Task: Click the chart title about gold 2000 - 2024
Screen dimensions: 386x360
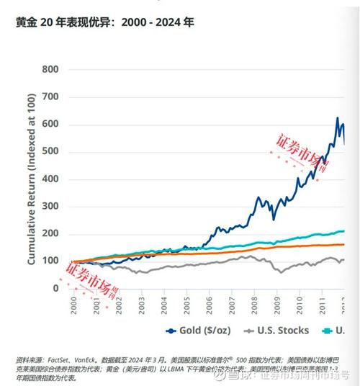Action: (x=104, y=22)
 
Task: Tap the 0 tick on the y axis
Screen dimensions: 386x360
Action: (x=55, y=288)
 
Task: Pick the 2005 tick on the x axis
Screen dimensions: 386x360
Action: (x=186, y=306)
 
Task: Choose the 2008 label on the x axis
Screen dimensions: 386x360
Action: (x=254, y=306)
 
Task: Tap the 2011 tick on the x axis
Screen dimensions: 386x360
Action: (x=323, y=306)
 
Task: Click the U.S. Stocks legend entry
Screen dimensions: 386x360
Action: (x=278, y=331)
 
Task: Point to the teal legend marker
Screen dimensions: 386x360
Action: (x=328, y=331)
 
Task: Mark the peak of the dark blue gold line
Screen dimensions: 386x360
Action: (x=337, y=118)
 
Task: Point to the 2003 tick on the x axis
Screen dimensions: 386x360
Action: (x=140, y=306)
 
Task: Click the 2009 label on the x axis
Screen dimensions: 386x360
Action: (x=277, y=306)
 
